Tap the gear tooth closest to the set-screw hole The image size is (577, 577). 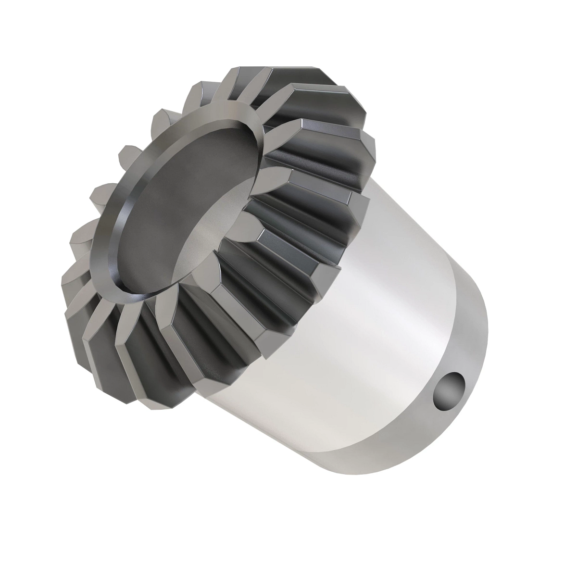pyautogui.click(x=288, y=308)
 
